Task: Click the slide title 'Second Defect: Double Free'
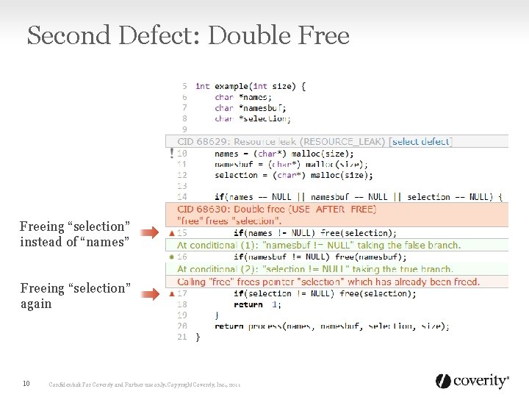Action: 188,35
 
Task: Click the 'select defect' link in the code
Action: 422,142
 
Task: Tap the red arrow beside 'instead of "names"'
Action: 149,233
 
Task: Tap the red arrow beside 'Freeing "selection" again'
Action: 149,295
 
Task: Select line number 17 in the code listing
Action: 182,293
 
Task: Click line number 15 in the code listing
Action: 182,233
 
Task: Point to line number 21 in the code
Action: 182,337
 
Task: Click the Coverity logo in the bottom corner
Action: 472,381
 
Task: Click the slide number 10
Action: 26,383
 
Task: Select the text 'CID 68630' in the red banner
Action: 201,210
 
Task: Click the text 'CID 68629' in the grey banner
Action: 201,142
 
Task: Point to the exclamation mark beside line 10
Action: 172,154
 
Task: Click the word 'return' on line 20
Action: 228,326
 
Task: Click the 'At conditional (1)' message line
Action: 319,245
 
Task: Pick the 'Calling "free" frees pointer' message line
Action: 328,282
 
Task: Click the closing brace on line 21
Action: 197,337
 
